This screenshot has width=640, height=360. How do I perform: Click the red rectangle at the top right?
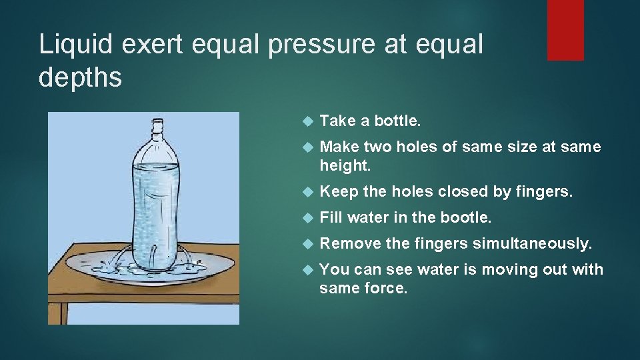pyautogui.click(x=565, y=30)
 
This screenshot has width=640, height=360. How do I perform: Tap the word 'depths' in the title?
pyautogui.click(x=81, y=77)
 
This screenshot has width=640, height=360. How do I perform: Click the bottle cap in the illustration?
pyautogui.click(x=157, y=125)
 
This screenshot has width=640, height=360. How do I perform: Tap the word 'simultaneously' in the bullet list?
pyautogui.click(x=532, y=244)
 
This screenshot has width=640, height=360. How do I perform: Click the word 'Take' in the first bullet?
pyautogui.click(x=338, y=121)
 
